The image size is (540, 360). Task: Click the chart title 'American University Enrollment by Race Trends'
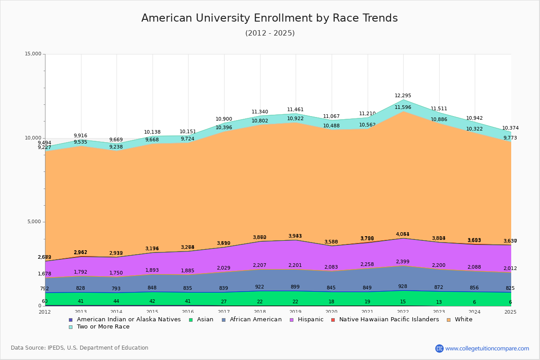(270, 18)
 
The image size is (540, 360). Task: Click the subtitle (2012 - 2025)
(270, 33)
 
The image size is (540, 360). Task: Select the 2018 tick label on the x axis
(260, 312)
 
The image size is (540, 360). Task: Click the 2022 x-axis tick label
(403, 312)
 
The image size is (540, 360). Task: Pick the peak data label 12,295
(403, 96)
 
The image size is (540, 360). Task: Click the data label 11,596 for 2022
(403, 108)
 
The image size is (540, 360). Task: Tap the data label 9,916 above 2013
(81, 136)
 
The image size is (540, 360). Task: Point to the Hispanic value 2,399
(402, 262)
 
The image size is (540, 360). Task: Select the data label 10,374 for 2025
(510, 128)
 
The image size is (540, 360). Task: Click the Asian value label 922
(260, 287)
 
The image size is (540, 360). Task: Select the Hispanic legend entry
(307, 319)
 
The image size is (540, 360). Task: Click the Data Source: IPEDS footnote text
(80, 348)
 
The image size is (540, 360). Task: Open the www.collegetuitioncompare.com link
(487, 348)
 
